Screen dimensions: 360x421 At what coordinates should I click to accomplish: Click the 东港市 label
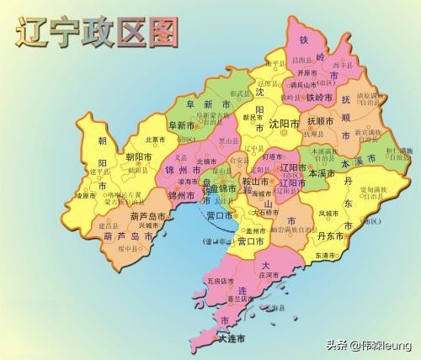[329, 256]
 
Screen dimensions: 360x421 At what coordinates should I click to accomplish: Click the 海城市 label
[264, 193]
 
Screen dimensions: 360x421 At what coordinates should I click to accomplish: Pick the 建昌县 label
[109, 226]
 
